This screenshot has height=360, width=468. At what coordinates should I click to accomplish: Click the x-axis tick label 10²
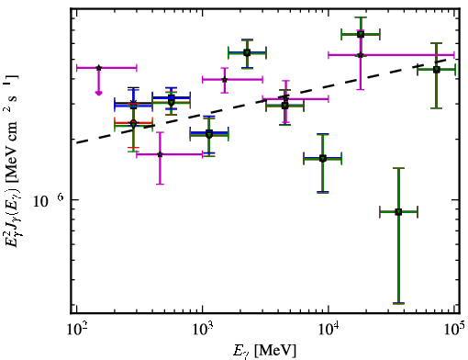(76, 330)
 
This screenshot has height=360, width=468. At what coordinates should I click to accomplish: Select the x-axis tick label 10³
(202, 330)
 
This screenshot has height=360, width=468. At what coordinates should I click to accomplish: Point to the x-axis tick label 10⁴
(329, 330)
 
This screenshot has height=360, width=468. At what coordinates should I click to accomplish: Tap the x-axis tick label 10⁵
(454, 330)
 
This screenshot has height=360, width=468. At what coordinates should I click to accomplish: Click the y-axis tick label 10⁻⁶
(49, 200)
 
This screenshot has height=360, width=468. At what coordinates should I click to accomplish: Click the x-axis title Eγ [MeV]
(264, 351)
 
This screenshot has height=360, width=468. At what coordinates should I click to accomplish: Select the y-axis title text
(12, 161)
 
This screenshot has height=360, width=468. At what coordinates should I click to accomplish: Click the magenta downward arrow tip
(98, 94)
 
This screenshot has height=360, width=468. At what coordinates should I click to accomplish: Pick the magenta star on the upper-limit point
(98, 68)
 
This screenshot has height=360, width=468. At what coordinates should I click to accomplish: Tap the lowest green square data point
(398, 212)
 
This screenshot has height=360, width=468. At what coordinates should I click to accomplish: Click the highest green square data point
(361, 34)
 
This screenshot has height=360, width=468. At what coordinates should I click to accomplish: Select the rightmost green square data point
(437, 70)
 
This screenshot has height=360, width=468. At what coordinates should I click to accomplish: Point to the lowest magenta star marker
(160, 154)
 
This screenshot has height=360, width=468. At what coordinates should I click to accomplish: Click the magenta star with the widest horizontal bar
(361, 55)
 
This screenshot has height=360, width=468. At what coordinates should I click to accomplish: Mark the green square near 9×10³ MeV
(322, 158)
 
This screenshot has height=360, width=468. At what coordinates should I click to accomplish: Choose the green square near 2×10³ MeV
(247, 52)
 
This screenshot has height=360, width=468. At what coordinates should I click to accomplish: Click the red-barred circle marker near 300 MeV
(133, 123)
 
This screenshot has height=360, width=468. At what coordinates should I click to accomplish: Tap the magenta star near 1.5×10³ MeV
(225, 80)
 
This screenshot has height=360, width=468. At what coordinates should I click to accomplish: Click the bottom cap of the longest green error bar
(398, 303)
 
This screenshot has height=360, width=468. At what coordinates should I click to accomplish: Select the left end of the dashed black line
(76, 142)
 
